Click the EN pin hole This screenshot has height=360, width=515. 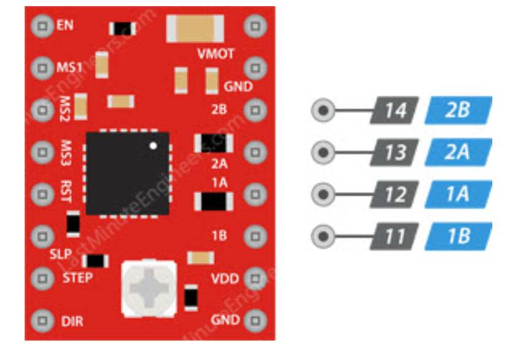click(x=41, y=26)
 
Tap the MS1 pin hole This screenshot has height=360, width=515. click(x=41, y=67)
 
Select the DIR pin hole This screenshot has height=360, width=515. click(x=41, y=321)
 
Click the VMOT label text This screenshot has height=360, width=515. click(x=215, y=54)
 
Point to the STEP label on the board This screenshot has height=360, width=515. click(x=78, y=278)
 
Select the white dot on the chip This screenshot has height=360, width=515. click(x=154, y=146)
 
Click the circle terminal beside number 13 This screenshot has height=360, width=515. click(x=323, y=152)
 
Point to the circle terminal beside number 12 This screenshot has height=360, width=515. click(x=323, y=195)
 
